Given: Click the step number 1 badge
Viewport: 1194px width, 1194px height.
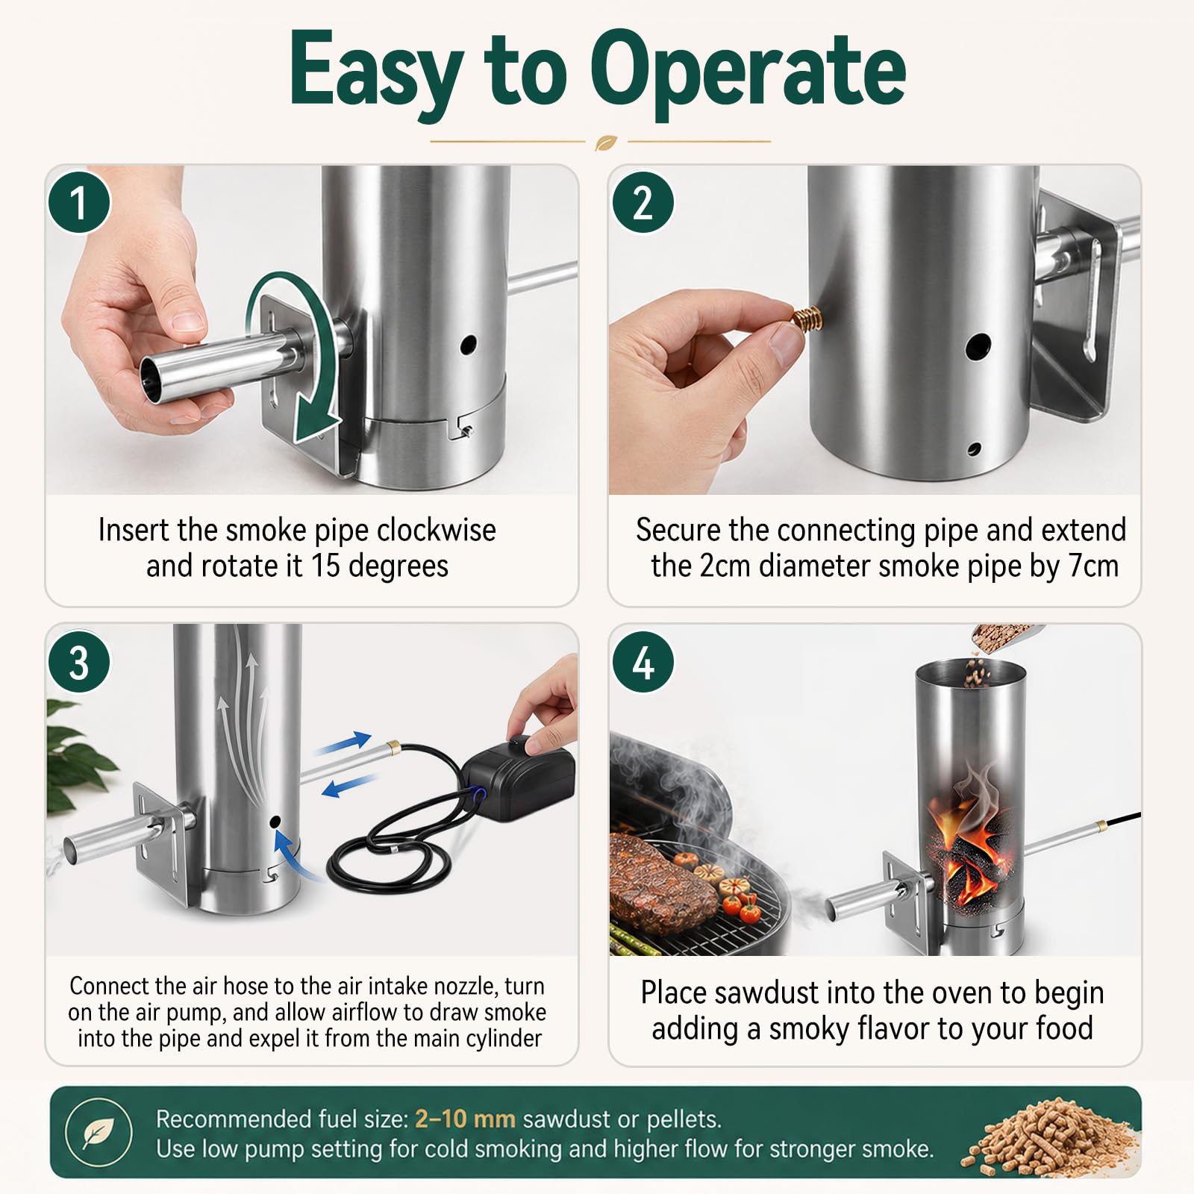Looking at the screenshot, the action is tap(79, 202).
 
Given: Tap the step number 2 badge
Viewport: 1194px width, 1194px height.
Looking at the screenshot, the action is tap(643, 202).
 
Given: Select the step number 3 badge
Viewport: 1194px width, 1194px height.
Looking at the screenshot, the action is tap(79, 662).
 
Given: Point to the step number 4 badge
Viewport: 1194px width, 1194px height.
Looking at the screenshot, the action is tap(643, 662).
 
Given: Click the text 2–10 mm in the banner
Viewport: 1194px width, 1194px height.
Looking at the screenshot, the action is tap(465, 1119).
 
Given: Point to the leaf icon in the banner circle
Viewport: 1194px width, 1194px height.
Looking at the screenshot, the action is tap(99, 1134).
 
